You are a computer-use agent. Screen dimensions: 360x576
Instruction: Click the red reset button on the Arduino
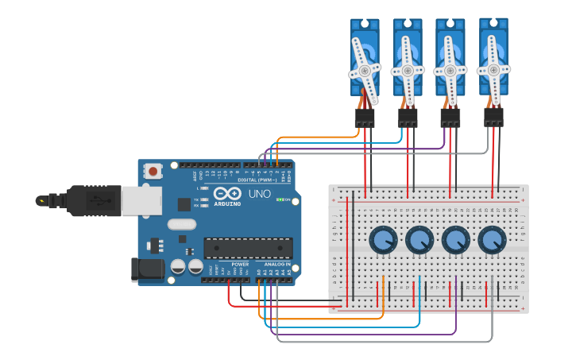(x=153, y=169)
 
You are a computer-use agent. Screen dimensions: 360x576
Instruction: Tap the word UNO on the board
(x=260, y=193)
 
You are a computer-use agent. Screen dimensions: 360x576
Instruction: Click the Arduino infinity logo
(x=226, y=193)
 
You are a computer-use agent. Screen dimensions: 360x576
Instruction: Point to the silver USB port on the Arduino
(x=141, y=200)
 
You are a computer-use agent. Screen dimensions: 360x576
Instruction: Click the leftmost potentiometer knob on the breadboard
(x=383, y=238)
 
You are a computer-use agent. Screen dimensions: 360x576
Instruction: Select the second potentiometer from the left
(x=419, y=238)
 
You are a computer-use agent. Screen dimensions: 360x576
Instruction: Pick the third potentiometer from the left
(x=456, y=238)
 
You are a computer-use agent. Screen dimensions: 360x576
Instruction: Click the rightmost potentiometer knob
(x=492, y=238)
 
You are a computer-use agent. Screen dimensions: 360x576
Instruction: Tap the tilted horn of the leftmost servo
(x=365, y=70)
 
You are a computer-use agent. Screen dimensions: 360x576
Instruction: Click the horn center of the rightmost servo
(x=493, y=69)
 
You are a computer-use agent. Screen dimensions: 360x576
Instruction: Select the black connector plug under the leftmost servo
(x=365, y=118)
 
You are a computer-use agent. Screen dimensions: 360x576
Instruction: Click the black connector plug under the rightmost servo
(x=493, y=117)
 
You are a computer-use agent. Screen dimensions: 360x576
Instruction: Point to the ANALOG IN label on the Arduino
(x=277, y=264)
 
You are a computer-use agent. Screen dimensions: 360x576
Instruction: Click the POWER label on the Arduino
(x=240, y=264)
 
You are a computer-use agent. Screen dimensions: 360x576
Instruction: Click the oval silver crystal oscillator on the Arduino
(x=182, y=224)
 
